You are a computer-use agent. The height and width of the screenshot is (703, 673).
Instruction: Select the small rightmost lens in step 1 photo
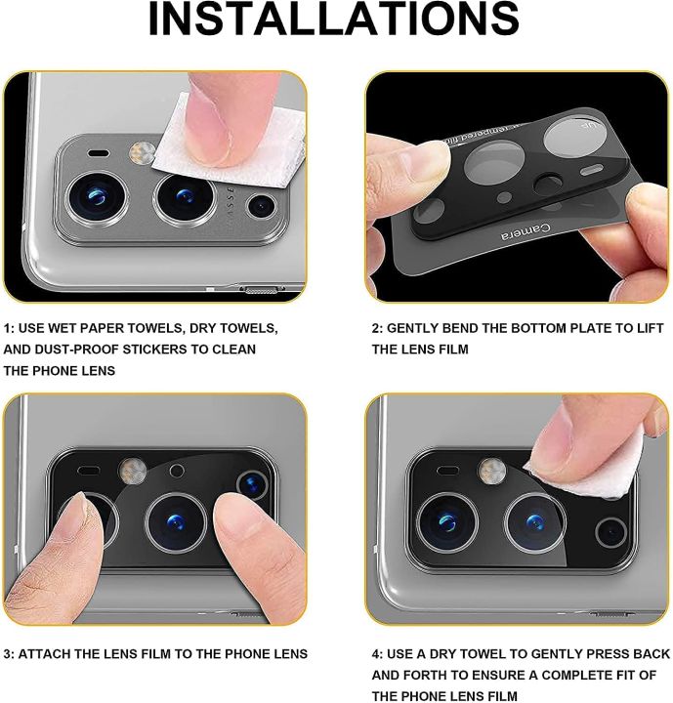click(x=261, y=206)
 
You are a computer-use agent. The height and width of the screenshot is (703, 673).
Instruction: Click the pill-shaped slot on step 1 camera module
click(x=99, y=154)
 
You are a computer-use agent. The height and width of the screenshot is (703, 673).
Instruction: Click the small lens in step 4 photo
click(x=610, y=532)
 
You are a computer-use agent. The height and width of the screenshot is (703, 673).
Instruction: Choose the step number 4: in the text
click(x=378, y=653)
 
